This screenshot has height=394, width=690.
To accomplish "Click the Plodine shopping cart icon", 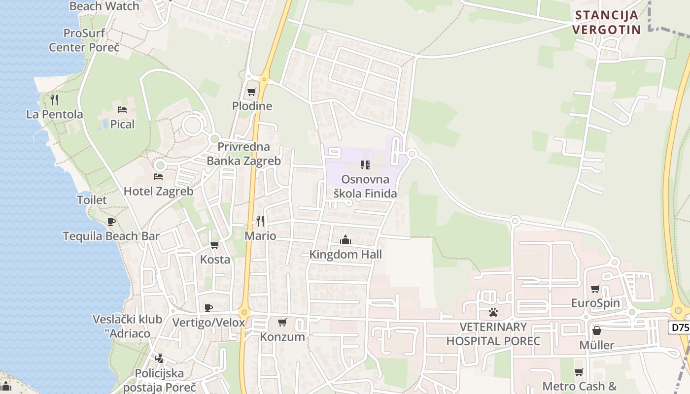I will coord(251,92).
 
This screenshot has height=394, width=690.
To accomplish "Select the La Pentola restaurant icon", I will coord(54,100).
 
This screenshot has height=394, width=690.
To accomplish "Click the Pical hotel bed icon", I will coord(122,109).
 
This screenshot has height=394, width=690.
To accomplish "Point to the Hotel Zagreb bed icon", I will coord(158,176).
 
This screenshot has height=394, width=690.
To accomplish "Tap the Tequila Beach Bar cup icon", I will coord(111,222).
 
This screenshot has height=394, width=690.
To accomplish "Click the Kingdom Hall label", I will coord(345,255).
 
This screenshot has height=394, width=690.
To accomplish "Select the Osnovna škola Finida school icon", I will coord(365,164).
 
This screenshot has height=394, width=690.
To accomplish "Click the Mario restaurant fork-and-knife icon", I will coord(260,221).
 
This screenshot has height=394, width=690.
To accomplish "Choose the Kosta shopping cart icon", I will coord(214,245).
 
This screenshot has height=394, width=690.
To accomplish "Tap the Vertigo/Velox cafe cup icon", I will coord(208,308).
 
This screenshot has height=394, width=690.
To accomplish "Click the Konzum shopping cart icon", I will coord(282,322).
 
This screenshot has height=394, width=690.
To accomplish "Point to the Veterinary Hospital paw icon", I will coord(493,312).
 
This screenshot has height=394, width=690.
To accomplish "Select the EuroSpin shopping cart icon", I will coord(595,289).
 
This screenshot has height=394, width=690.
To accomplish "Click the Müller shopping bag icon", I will coord(596,330).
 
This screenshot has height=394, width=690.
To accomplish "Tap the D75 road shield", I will coord(680,328).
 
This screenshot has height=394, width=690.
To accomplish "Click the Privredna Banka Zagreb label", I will coord(243,154).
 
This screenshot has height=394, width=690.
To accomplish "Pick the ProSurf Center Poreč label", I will coord(84,40).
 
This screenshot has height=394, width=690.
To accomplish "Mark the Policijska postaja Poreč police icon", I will coord(159,359).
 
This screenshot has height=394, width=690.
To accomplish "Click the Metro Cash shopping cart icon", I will coord(579,372).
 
